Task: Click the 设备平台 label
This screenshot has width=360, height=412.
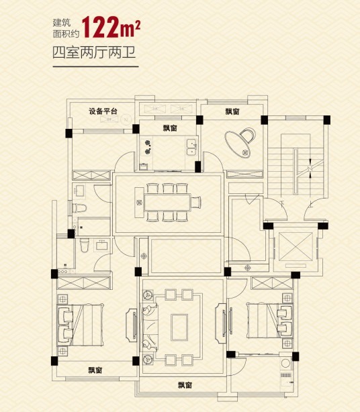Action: tap(103, 111)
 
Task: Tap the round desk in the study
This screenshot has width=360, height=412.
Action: tap(239, 142)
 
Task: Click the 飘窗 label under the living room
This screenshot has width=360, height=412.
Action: tap(186, 385)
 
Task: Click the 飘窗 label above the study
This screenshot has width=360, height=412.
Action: tap(232, 111)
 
